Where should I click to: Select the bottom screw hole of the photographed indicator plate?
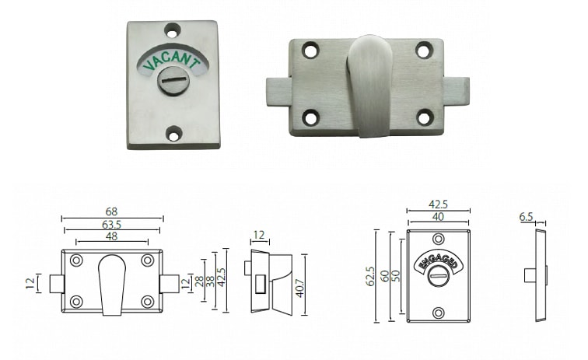click(x=174, y=135)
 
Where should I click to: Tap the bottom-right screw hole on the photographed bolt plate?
click(x=425, y=117)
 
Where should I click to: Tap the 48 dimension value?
click(x=112, y=237)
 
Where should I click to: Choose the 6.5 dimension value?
click(x=527, y=218)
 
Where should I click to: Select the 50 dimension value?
click(x=397, y=275)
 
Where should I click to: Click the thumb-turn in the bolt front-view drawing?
click(x=111, y=285)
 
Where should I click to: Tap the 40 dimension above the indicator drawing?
click(x=438, y=217)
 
